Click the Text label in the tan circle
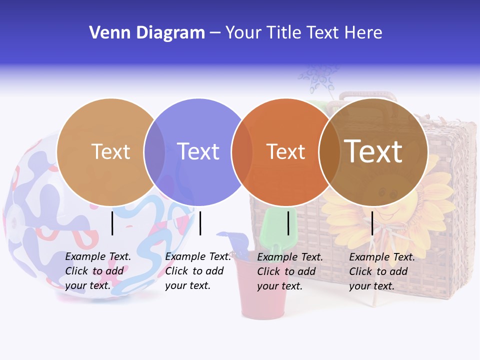coord(110,151)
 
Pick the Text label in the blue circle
coord(198,151)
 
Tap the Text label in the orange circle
coord(285,151)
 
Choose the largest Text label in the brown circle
coord(373,151)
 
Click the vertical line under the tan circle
coord(112,223)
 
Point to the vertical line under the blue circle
coord(200,223)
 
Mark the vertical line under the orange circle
coord(288,223)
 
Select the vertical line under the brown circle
coord(372,223)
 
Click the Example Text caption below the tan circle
coord(98,271)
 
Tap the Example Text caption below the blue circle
coord(198,271)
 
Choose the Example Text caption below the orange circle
coord(290,271)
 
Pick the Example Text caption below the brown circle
coord(382,271)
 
